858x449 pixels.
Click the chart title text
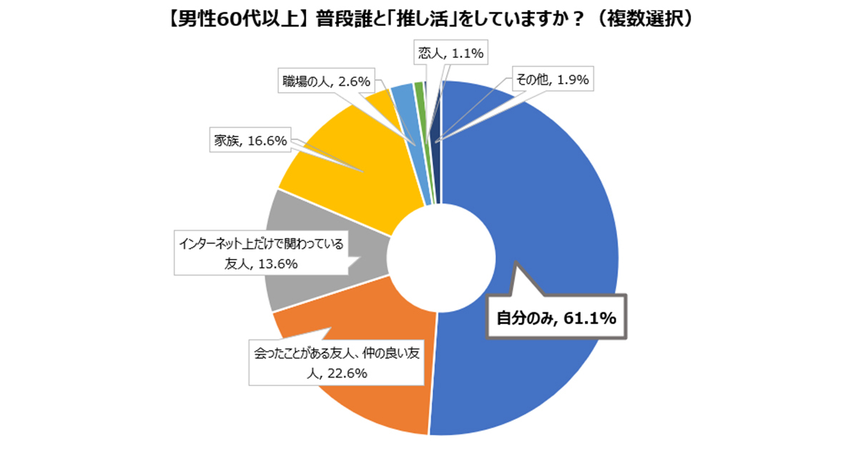tap(429, 19)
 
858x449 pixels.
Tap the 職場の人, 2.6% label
tap(325, 82)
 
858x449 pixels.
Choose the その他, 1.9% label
tap(551, 80)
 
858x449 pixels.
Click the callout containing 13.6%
tap(260, 254)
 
